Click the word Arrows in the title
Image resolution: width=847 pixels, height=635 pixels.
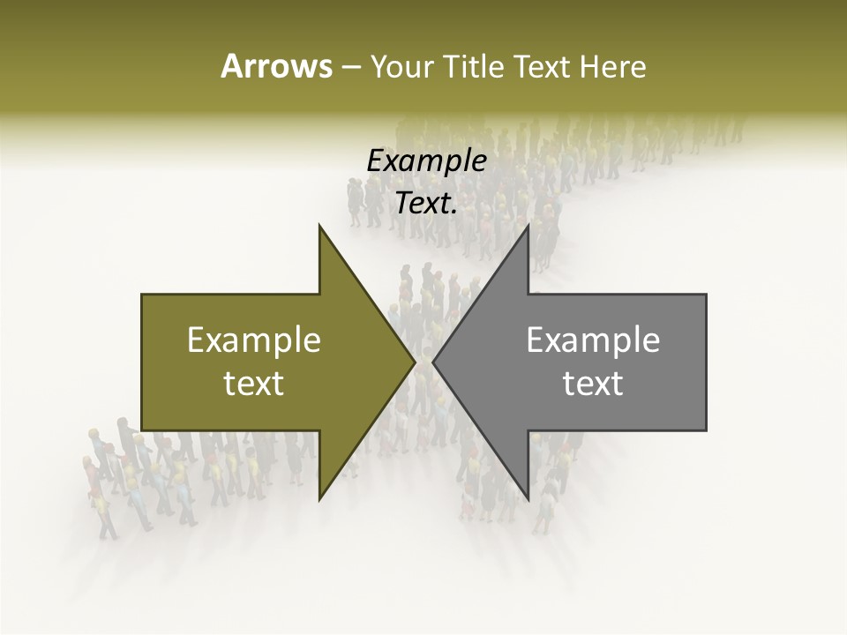(x=276, y=66)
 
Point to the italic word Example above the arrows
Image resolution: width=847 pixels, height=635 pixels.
(x=426, y=161)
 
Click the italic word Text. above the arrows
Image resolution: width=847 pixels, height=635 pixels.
(x=426, y=204)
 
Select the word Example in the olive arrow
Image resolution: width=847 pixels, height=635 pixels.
(x=254, y=340)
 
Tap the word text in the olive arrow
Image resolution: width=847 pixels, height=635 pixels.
(x=254, y=384)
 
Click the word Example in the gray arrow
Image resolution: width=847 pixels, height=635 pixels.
(x=593, y=340)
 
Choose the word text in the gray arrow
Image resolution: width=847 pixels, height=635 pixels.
(x=593, y=384)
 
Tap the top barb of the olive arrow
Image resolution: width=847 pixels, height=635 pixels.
(x=321, y=230)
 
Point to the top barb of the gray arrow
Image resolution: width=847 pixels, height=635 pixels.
(x=527, y=230)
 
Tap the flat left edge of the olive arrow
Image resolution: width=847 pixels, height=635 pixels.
(x=143, y=362)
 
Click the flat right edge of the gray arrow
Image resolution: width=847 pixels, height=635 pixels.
(x=705, y=362)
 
